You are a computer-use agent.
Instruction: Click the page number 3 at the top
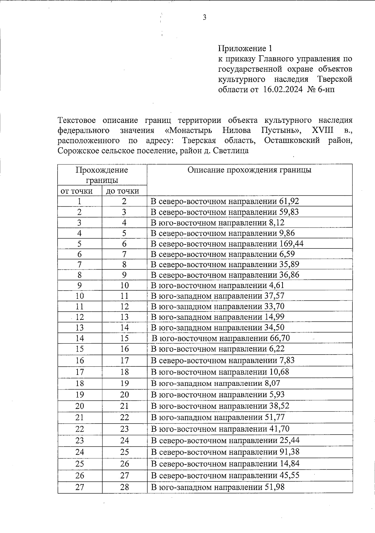(x=204, y=18)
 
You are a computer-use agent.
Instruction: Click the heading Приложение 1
(x=245, y=48)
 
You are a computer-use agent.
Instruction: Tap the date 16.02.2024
(x=283, y=90)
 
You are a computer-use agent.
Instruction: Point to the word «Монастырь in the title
(x=188, y=130)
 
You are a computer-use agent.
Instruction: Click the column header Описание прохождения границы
(x=249, y=170)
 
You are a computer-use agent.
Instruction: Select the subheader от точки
(x=77, y=191)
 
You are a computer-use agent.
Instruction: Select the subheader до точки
(x=122, y=191)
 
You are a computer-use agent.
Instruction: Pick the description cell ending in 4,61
(x=217, y=285)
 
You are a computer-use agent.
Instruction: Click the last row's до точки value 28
(x=124, y=487)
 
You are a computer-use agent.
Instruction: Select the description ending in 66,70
(x=221, y=338)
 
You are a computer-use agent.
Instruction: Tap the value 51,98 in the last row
(x=274, y=487)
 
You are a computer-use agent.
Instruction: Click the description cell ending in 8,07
(x=216, y=383)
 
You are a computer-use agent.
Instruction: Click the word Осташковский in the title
(x=292, y=140)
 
